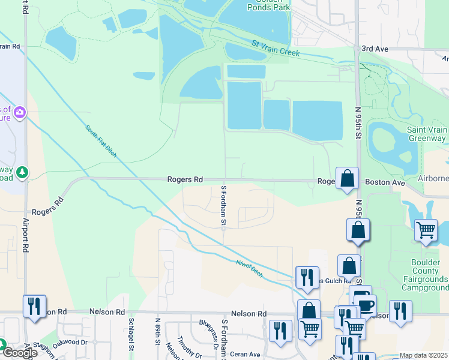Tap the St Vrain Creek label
click(x=276, y=49)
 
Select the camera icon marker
click(x=20, y=112)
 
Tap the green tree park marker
click(x=23, y=173)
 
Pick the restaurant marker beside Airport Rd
click(x=34, y=306)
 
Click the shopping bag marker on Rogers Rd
click(x=347, y=178)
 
